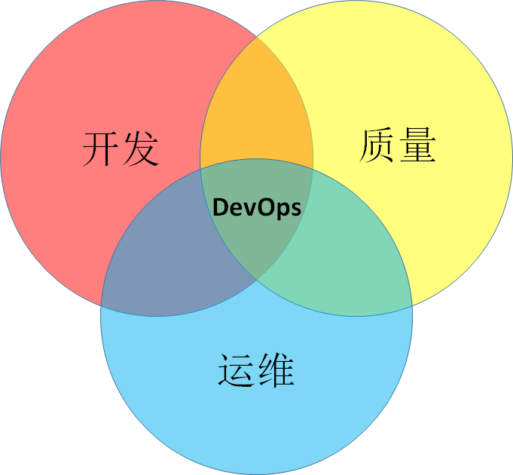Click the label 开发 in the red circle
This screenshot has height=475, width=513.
pyautogui.click(x=121, y=149)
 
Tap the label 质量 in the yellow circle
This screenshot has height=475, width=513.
pyautogui.click(x=398, y=145)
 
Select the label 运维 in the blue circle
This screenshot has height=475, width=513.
pyautogui.click(x=256, y=369)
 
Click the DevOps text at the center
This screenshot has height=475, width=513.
pyautogui.click(x=257, y=207)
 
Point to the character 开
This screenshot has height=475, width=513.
pyautogui.click(x=101, y=149)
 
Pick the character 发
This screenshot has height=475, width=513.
pyautogui.click(x=140, y=149)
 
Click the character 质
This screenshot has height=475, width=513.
pyautogui.click(x=378, y=145)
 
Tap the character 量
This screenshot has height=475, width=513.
pyautogui.click(x=417, y=145)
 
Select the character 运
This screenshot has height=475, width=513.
pyautogui.click(x=237, y=369)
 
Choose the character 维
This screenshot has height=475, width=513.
pyautogui.click(x=276, y=369)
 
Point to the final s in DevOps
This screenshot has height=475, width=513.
pyautogui.click(x=296, y=208)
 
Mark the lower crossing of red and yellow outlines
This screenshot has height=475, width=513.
pyautogui.click(x=257, y=281)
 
